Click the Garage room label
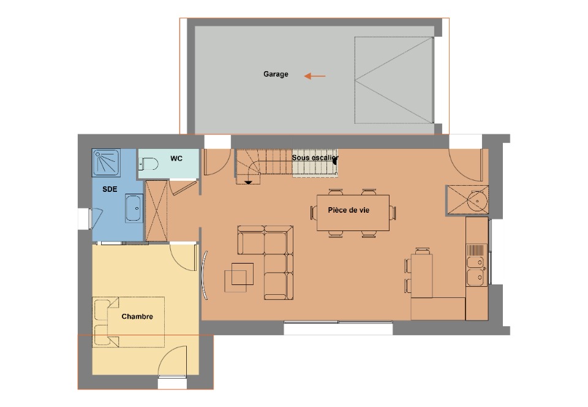pyautogui.click(x=276, y=74)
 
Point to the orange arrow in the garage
pyautogui.click(x=315, y=76)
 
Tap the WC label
pyautogui.click(x=176, y=158)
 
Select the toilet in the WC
pyautogui.click(x=148, y=164)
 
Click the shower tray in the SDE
pyautogui.click(x=107, y=162)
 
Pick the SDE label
pyautogui.click(x=110, y=189)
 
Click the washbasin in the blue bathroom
pyautogui.click(x=134, y=208)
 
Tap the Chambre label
pyautogui.click(x=137, y=316)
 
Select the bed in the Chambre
pyautogui.click(x=129, y=322)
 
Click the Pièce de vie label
pyautogui.click(x=349, y=210)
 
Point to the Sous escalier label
pyautogui.click(x=315, y=158)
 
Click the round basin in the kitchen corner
pyautogui.click(x=477, y=200)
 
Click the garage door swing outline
pyautogui.click(x=394, y=80)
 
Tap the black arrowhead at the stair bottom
pyautogui.click(x=248, y=183)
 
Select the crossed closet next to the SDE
pyautogui.click(x=156, y=211)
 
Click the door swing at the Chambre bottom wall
pyautogui.click(x=172, y=361)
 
